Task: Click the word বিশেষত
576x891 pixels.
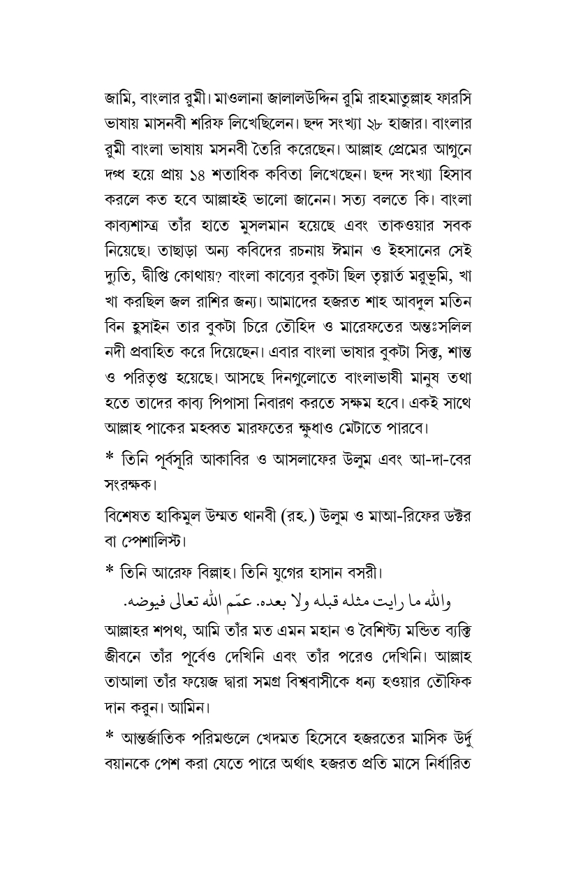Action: [x=126, y=517]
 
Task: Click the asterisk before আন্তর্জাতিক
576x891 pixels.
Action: [x=109, y=734]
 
